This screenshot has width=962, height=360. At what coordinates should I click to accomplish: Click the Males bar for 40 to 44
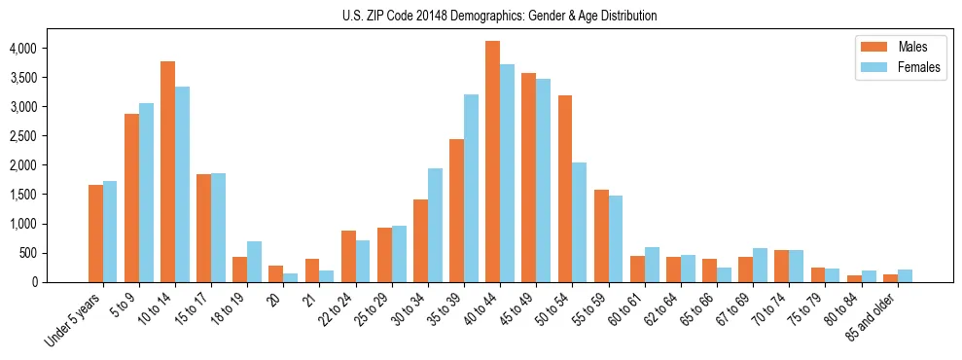pyautogui.click(x=493, y=162)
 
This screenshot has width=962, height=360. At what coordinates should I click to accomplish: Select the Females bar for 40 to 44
pyautogui.click(x=508, y=173)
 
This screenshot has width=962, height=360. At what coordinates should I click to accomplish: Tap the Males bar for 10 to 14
pyautogui.click(x=167, y=171)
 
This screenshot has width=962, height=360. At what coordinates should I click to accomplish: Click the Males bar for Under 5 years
pyautogui.click(x=95, y=234)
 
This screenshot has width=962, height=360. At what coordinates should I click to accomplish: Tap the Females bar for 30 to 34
pyautogui.click(x=435, y=225)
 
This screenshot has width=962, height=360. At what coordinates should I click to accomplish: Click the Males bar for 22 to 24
pyautogui.click(x=348, y=256)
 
